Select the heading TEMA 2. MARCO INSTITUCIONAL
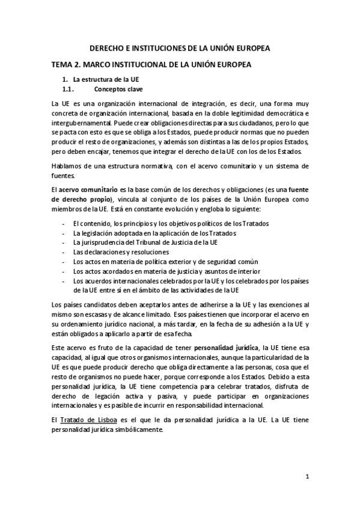(x=150, y=64)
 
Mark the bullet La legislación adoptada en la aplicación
(x=154, y=233)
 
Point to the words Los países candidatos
(x=81, y=305)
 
